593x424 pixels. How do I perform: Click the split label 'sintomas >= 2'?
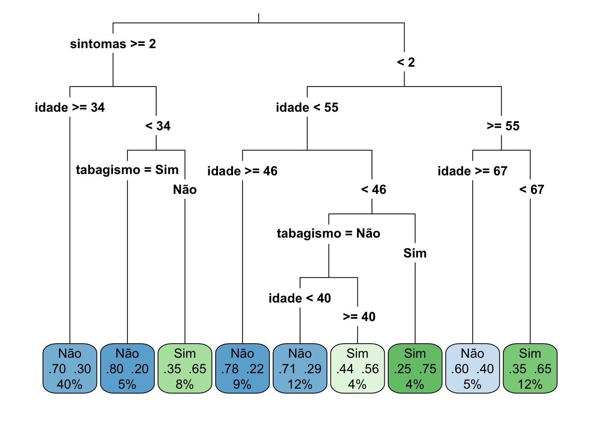(x=113, y=44)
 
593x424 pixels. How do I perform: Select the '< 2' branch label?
(x=406, y=63)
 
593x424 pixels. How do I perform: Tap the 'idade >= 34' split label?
(x=70, y=108)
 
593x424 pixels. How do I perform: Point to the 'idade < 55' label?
(x=307, y=108)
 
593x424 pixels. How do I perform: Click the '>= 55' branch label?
(x=503, y=126)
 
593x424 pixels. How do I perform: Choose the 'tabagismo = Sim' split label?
(x=127, y=170)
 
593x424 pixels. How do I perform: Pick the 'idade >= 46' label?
(x=242, y=171)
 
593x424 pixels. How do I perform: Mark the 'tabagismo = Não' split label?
(x=328, y=234)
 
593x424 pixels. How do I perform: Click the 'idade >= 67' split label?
(x=473, y=171)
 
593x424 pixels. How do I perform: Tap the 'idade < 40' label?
(x=300, y=299)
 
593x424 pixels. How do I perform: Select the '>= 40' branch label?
(x=359, y=317)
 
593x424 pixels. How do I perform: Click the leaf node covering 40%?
(x=70, y=368)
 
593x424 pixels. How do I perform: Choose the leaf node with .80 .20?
(x=127, y=368)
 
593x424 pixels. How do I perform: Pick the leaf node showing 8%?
(x=185, y=368)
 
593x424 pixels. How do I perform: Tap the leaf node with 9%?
(x=242, y=368)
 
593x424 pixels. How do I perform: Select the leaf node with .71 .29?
(x=300, y=368)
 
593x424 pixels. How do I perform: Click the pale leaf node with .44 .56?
(x=357, y=368)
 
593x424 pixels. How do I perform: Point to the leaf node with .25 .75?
(x=415, y=368)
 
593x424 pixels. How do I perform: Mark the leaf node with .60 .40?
(x=473, y=368)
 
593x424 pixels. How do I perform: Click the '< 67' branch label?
(x=532, y=190)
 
